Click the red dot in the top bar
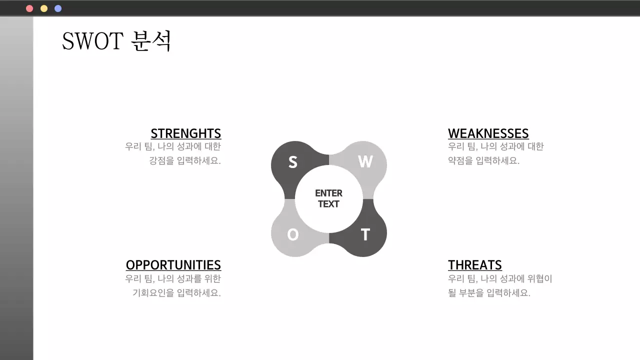point(29,8)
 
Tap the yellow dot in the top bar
point(44,8)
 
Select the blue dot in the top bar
point(58,8)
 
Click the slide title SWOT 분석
point(116,41)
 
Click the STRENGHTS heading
point(185,133)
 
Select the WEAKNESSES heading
point(488,133)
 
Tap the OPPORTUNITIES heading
point(173,265)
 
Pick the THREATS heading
point(474,265)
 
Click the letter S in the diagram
point(293,162)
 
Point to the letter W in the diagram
point(365,161)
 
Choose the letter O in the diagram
point(293,234)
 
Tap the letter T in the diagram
point(365,234)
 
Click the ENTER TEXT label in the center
point(328,198)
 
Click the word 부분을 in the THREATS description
point(471,293)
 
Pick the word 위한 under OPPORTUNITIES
point(212,279)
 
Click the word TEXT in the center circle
point(328,204)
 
